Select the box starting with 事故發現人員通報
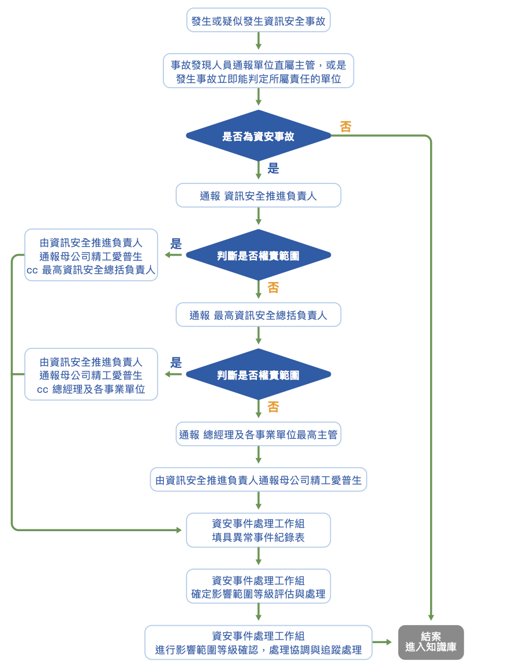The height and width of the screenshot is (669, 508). tap(258, 72)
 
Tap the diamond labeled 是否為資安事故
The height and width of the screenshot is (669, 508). tap(258, 137)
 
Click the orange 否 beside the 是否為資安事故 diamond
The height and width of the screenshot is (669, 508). tap(345, 127)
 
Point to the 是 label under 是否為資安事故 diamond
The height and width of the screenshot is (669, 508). tap(273, 168)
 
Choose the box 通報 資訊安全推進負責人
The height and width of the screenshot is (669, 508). tap(258, 196)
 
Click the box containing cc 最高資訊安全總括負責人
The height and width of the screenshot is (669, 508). tap(91, 255)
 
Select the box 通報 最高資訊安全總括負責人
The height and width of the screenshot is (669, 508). tap(258, 315)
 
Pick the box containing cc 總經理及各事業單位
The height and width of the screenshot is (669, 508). tap(91, 375)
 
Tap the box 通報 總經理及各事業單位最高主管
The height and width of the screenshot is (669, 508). tap(258, 434)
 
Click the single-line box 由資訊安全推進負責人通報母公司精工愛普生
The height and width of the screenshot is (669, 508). tap(258, 480)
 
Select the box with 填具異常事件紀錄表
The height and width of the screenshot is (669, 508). tap(258, 531)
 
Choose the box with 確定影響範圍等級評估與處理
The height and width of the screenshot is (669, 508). tap(258, 587)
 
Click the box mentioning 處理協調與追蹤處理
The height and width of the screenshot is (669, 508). tap(258, 642)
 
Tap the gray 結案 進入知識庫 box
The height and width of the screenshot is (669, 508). tap(431, 642)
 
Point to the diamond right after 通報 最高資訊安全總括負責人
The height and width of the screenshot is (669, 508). tap(258, 375)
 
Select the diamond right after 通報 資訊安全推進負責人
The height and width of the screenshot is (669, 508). tap(258, 255)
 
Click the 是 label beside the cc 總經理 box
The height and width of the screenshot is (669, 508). tap(176, 363)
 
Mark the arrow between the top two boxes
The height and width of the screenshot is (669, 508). tap(258, 42)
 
